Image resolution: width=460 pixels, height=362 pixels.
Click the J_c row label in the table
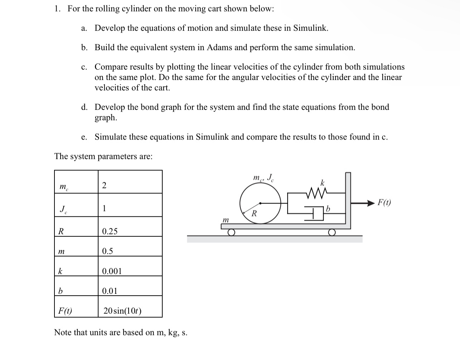click(63, 209)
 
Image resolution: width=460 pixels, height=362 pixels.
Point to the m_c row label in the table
click(63, 187)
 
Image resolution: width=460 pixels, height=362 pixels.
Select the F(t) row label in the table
click(65, 311)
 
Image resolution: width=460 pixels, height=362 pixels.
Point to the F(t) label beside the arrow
click(384, 202)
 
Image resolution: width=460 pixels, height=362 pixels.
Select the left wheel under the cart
click(231, 232)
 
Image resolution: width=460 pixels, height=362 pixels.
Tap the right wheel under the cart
click(332, 232)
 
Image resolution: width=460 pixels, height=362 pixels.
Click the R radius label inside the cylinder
click(254, 214)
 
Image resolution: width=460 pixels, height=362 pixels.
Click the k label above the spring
click(322, 183)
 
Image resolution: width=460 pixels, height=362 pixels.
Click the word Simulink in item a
click(310, 28)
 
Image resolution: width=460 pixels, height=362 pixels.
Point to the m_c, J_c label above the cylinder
click(263, 178)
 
